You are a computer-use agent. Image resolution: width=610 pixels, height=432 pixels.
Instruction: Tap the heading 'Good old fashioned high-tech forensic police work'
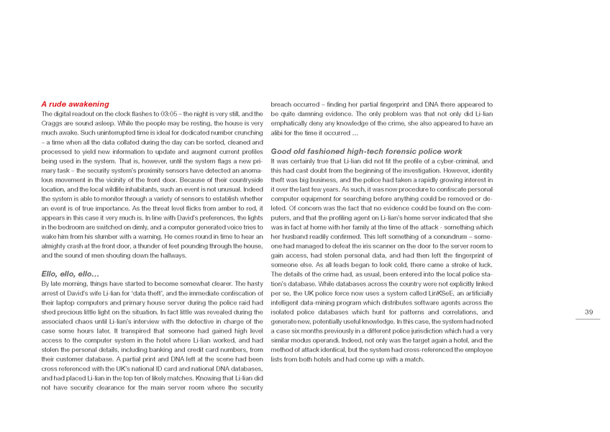366,151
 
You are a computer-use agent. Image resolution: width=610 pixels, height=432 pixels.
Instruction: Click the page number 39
588,312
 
